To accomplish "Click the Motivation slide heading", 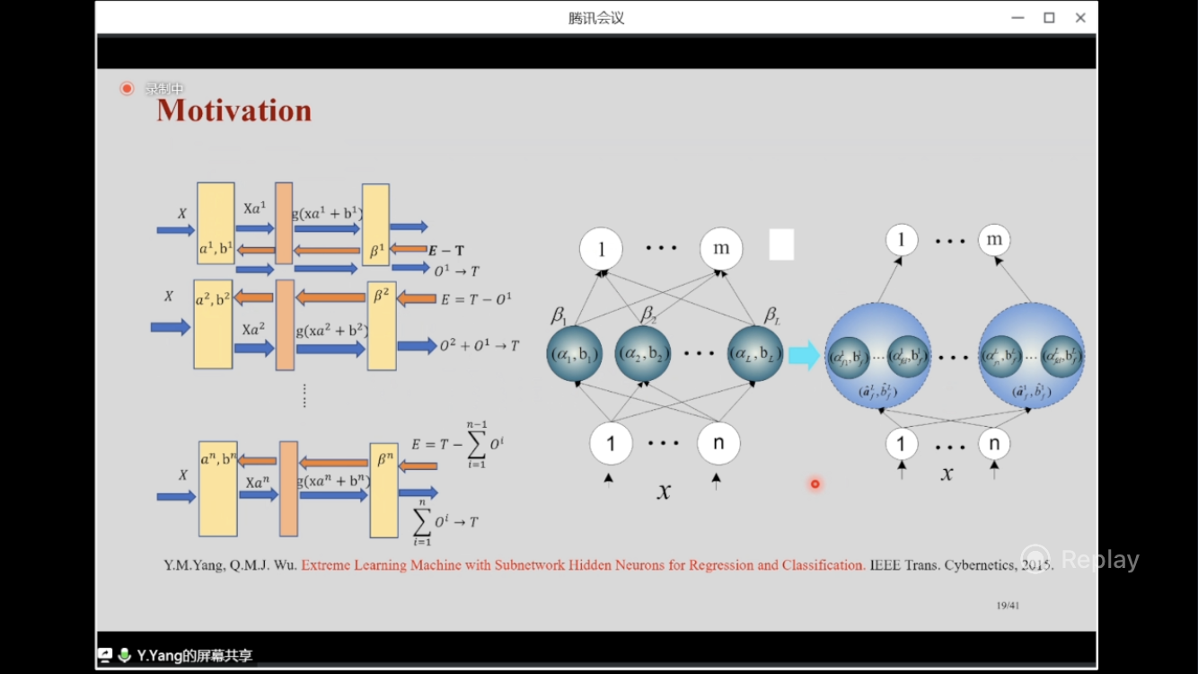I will tap(234, 111).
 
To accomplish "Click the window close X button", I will tap(1080, 18).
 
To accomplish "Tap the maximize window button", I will tap(1049, 18).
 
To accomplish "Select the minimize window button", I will tap(1017, 18).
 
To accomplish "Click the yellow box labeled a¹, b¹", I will tap(216, 224).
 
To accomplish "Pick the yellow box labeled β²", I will tap(382, 325).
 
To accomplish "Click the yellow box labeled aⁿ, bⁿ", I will tap(218, 488).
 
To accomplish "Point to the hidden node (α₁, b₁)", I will tap(574, 354).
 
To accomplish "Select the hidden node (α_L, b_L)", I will tap(755, 354).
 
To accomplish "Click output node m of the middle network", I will tap(721, 249).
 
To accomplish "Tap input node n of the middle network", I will tap(718, 443).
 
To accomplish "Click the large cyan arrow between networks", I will tap(804, 355).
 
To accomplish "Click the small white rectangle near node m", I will tap(781, 244).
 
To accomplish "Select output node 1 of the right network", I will tap(902, 240).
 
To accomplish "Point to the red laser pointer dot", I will tap(815, 484).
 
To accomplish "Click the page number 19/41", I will tap(1008, 606).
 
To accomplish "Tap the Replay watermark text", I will tap(1099, 560).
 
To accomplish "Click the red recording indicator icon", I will tap(127, 88).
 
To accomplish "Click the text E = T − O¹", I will tap(476, 299).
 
